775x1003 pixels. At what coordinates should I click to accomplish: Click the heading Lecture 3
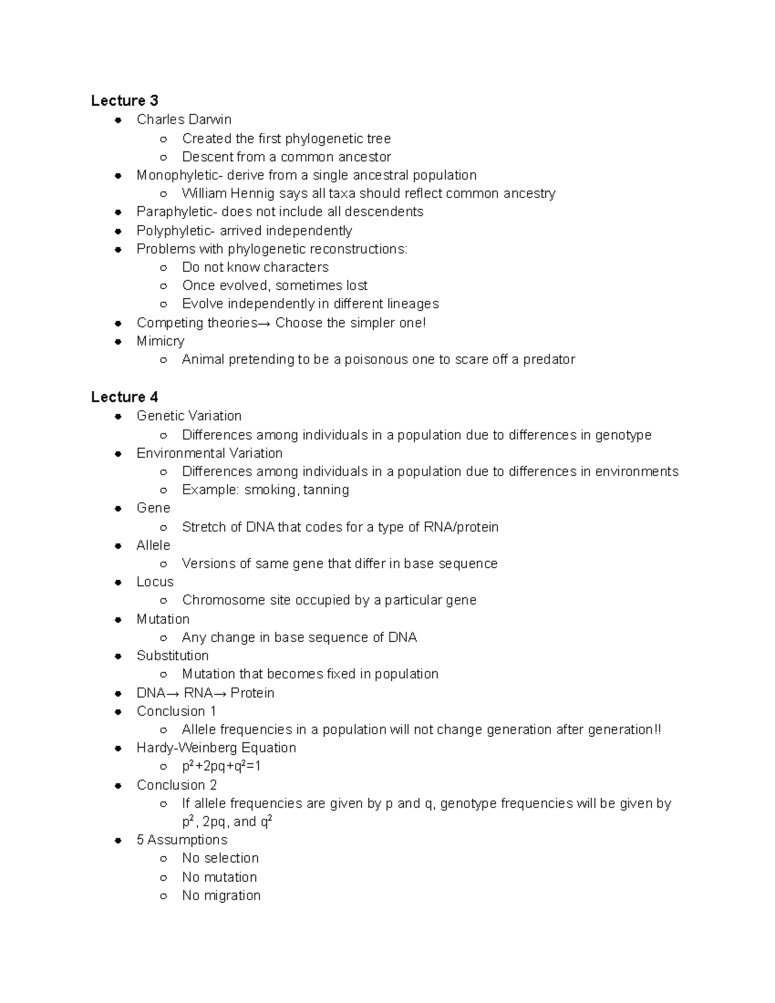point(125,101)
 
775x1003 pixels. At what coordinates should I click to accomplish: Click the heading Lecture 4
point(125,397)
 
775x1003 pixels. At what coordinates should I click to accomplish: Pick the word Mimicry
point(160,341)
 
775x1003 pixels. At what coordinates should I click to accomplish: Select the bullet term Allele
point(153,545)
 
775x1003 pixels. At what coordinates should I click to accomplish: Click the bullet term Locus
point(155,582)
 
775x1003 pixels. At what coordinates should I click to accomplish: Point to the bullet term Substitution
point(172,656)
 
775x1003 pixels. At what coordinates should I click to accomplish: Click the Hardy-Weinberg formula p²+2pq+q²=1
point(222,766)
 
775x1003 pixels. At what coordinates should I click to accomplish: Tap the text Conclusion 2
point(176,785)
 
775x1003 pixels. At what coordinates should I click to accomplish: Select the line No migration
point(222,895)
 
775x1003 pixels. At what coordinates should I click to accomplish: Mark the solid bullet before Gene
point(118,508)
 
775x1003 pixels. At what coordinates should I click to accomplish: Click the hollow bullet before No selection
point(164,858)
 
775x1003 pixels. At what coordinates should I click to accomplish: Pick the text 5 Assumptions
point(181,840)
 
